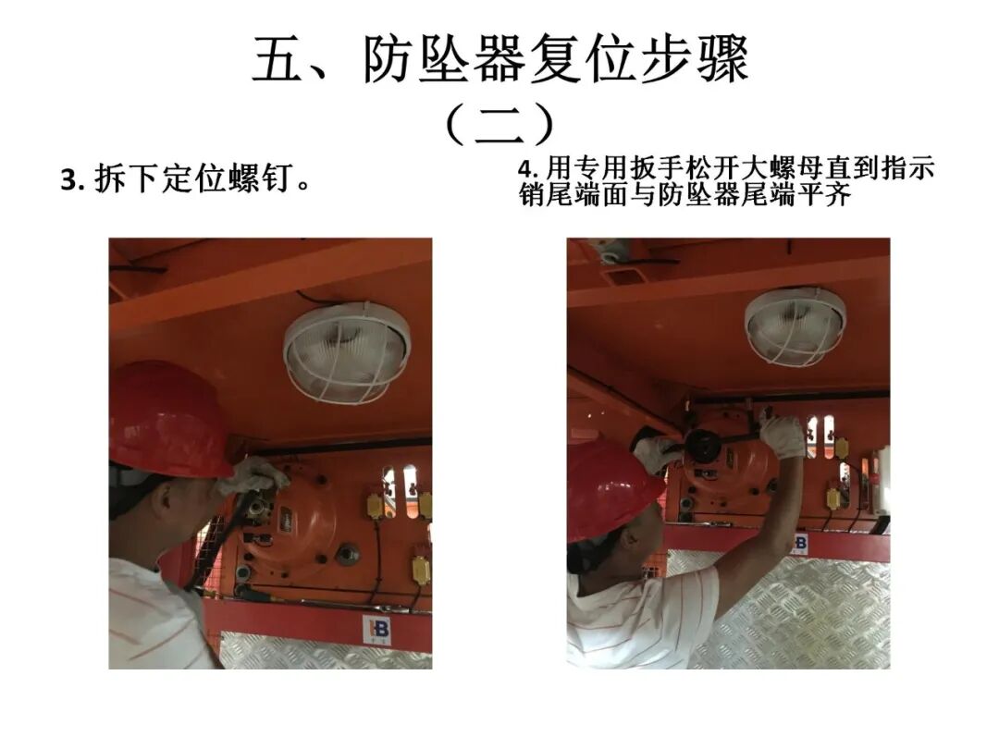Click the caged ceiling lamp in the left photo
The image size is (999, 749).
[345, 351]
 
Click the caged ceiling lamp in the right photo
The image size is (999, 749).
[795, 325]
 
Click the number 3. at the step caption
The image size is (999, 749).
[73, 179]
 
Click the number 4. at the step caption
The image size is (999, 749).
[527, 169]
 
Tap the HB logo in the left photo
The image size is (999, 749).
[376, 630]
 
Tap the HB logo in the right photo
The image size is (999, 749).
[798, 543]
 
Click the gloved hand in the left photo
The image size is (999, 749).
[251, 475]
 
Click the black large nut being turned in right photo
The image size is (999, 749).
[703, 447]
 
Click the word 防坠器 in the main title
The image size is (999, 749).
[444, 61]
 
